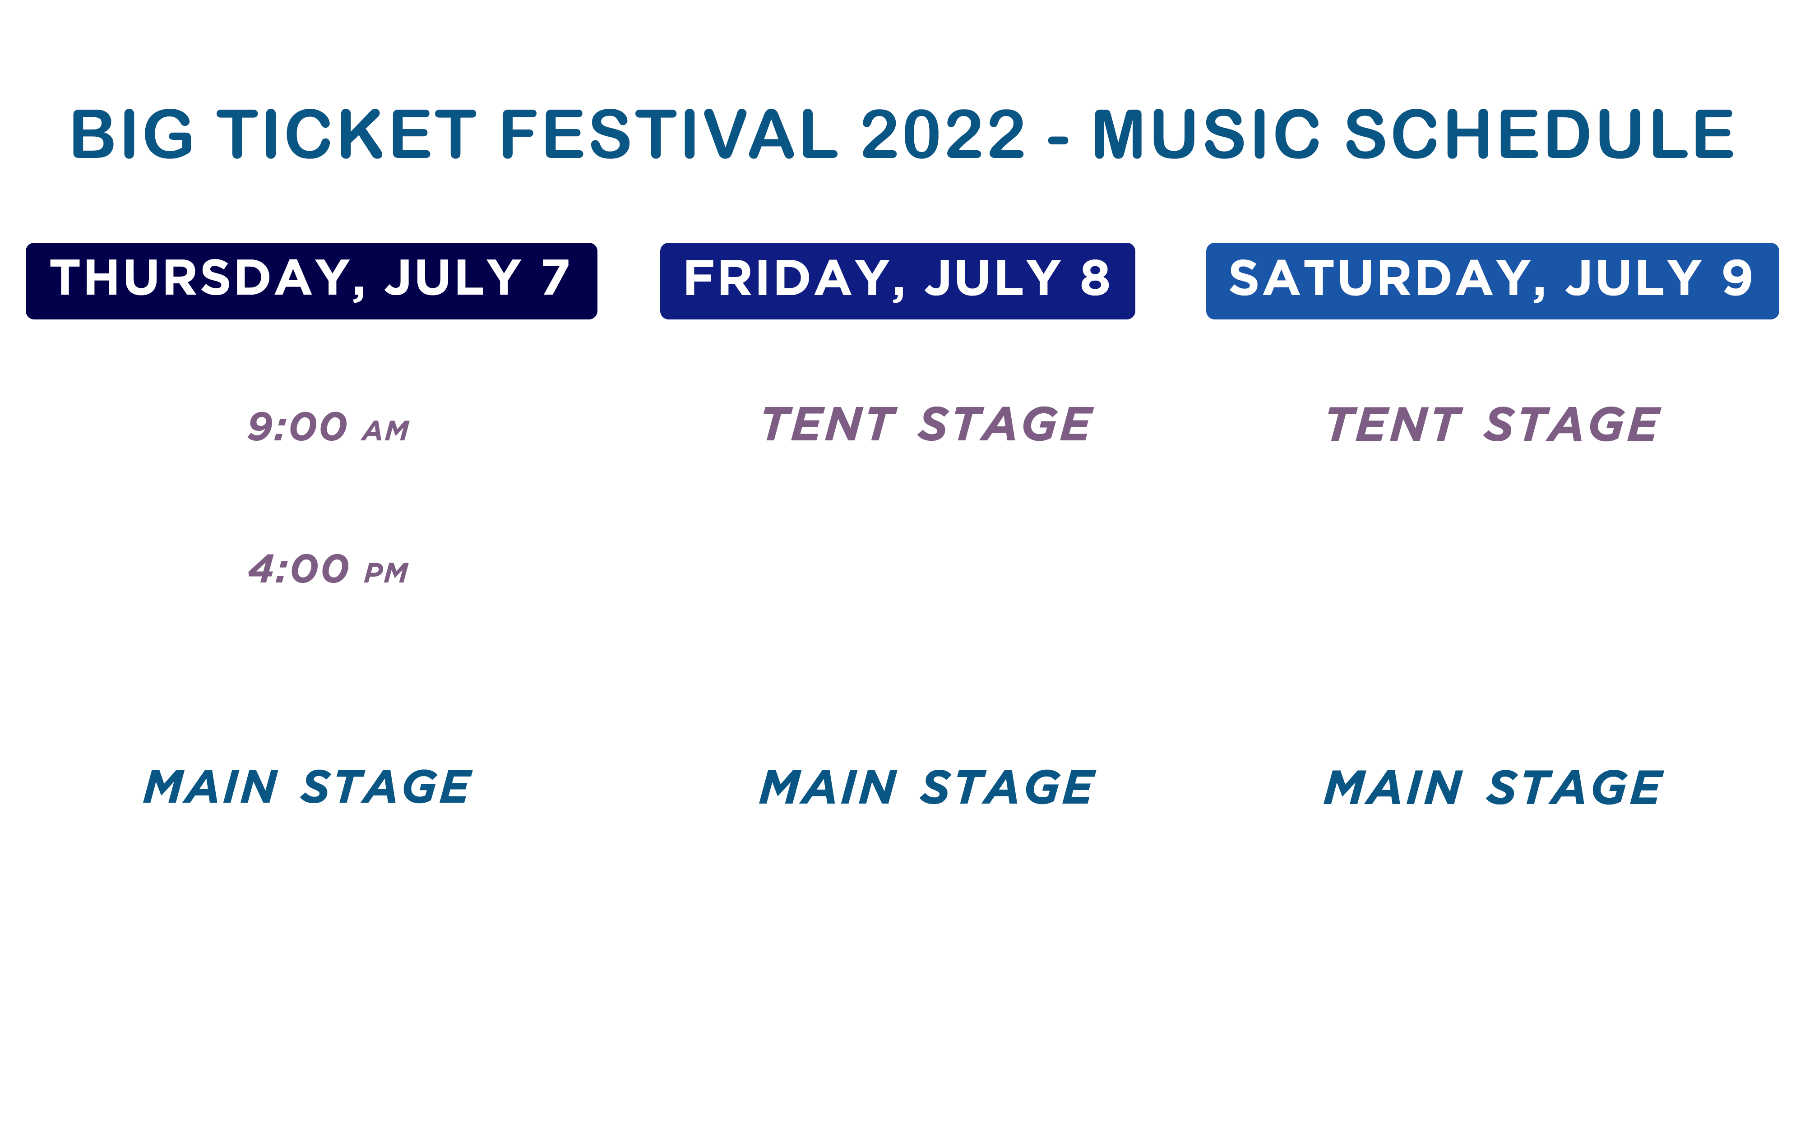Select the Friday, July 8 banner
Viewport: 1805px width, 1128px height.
click(897, 281)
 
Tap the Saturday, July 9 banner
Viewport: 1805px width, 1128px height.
click(1492, 281)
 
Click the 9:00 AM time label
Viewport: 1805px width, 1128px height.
click(328, 427)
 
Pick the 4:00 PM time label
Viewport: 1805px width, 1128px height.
click(328, 569)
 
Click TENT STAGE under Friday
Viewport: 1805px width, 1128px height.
click(927, 425)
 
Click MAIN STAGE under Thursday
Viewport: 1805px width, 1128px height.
click(307, 787)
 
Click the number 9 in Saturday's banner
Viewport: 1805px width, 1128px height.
click(1737, 277)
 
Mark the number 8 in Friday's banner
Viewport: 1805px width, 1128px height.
click(1095, 277)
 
